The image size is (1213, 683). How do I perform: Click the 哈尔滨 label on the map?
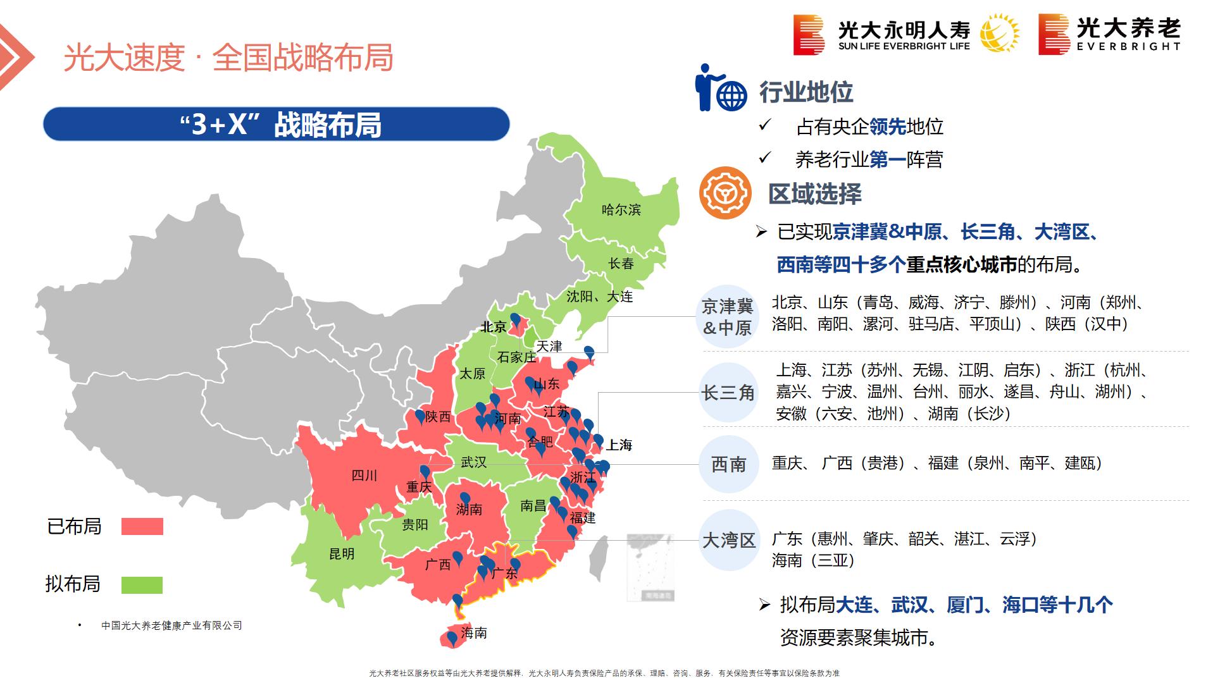point(621,210)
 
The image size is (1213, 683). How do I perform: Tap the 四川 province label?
point(364,476)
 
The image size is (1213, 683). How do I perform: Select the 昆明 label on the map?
point(342,554)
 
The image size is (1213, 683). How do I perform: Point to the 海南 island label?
point(474,633)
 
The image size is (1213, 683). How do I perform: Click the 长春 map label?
point(621,264)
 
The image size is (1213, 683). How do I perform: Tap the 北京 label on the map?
point(493,327)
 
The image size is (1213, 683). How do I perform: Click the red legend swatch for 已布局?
point(142,527)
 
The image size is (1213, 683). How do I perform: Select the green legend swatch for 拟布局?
point(142,585)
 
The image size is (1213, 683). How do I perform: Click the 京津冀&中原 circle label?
point(728,317)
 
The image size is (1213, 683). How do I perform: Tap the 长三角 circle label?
point(728,393)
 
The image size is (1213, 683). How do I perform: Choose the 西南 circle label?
point(728,465)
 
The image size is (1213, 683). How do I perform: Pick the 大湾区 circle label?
point(729,541)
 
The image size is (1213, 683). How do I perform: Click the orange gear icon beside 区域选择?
point(725,193)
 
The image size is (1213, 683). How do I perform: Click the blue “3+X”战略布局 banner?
point(277,124)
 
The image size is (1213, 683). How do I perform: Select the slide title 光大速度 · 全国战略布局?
point(228,58)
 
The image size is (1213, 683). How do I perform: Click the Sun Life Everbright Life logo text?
point(904,36)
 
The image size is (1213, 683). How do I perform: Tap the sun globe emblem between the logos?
point(1000,33)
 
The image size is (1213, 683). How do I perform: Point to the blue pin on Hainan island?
point(452,638)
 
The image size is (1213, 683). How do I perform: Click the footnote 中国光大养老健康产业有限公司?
point(171,625)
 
